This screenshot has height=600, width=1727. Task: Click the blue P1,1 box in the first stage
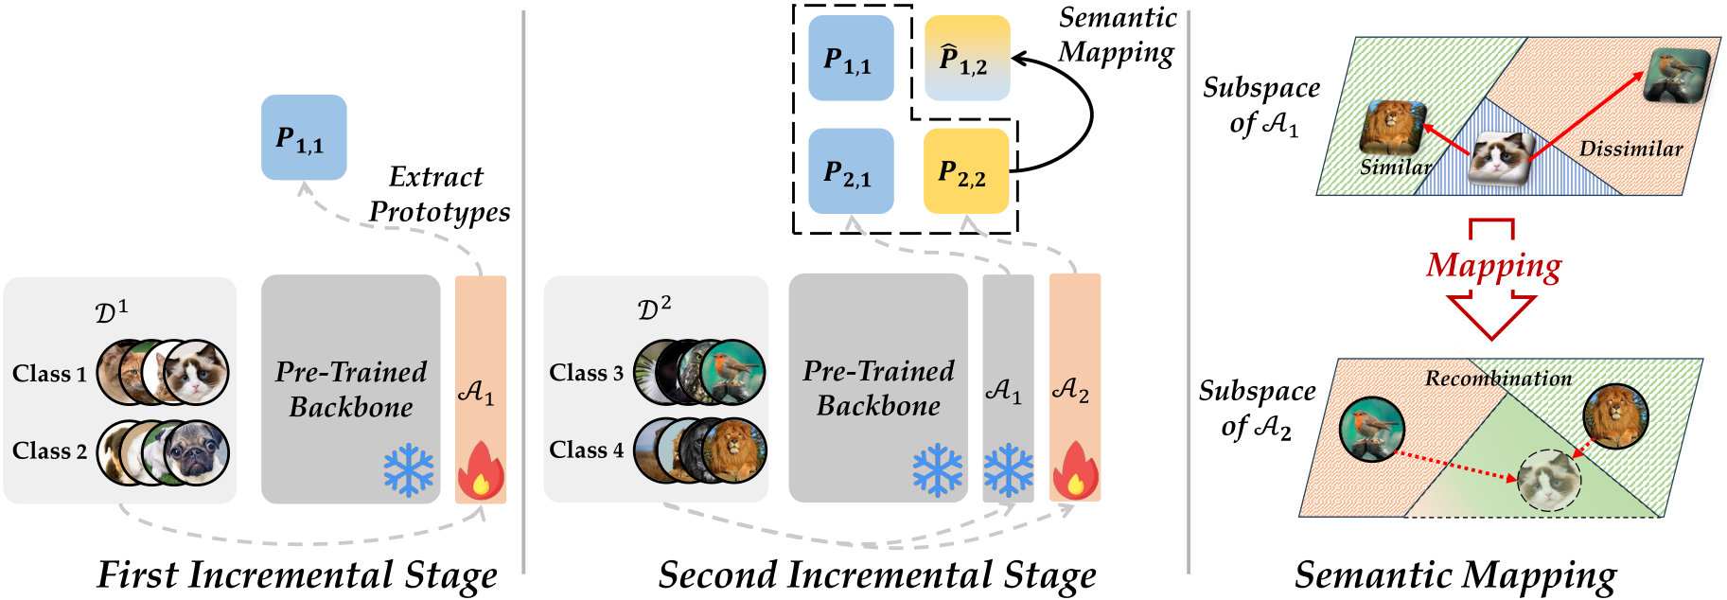click(304, 137)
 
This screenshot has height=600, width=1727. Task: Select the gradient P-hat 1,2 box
click(966, 58)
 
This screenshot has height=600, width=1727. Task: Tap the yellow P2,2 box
click(965, 171)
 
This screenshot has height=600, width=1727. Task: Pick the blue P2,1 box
click(851, 171)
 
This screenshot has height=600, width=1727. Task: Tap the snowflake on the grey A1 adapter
click(1008, 470)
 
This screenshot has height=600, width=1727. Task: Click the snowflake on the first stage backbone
click(409, 470)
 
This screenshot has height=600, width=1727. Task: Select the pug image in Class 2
click(197, 452)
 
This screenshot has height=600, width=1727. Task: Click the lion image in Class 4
click(734, 451)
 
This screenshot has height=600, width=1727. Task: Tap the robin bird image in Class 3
click(733, 372)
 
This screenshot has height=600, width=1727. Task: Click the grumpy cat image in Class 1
click(197, 372)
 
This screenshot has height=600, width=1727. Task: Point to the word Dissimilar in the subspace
click(1630, 149)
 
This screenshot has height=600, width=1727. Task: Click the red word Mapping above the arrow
click(1493, 266)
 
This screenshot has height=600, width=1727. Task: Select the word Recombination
click(1498, 379)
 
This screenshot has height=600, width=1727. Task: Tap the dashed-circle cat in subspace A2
click(1548, 481)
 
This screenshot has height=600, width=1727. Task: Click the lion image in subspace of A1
click(1392, 128)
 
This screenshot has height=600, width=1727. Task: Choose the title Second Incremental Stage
click(877, 574)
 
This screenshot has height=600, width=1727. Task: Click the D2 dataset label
click(654, 309)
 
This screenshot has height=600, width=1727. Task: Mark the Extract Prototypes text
click(438, 194)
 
